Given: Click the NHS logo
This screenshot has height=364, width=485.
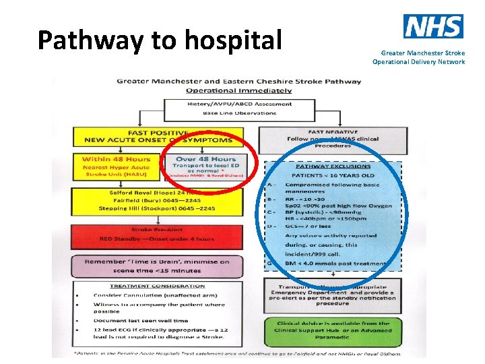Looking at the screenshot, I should [x=432, y=26].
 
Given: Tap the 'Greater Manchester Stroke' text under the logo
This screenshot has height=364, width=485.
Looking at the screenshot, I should [x=422, y=53].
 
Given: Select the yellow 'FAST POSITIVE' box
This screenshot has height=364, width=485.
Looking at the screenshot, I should [x=158, y=135].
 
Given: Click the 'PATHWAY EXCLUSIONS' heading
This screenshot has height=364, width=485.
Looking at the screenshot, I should [x=333, y=165].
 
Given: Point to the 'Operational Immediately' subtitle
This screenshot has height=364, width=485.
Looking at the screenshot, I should [x=239, y=90].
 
